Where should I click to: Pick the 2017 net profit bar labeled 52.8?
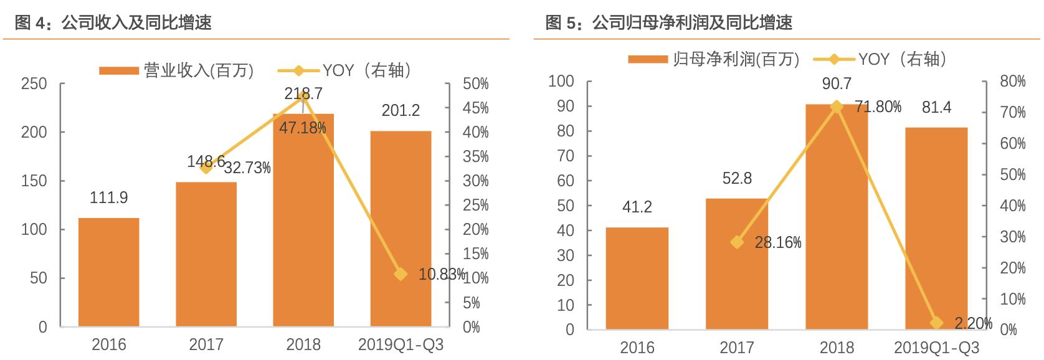(737, 264)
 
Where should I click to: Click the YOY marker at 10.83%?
(401, 274)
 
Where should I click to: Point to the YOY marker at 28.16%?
(737, 242)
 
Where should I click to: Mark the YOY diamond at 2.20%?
(936, 323)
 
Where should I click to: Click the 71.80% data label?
(878, 107)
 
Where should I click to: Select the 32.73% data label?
(247, 168)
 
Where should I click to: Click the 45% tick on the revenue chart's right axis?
(476, 108)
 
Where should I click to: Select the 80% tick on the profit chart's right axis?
(1013, 82)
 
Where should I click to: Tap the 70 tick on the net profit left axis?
(565, 156)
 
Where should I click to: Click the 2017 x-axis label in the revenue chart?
(206, 344)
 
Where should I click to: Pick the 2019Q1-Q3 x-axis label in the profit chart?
(936, 347)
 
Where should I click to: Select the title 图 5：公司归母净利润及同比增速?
(668, 22)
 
